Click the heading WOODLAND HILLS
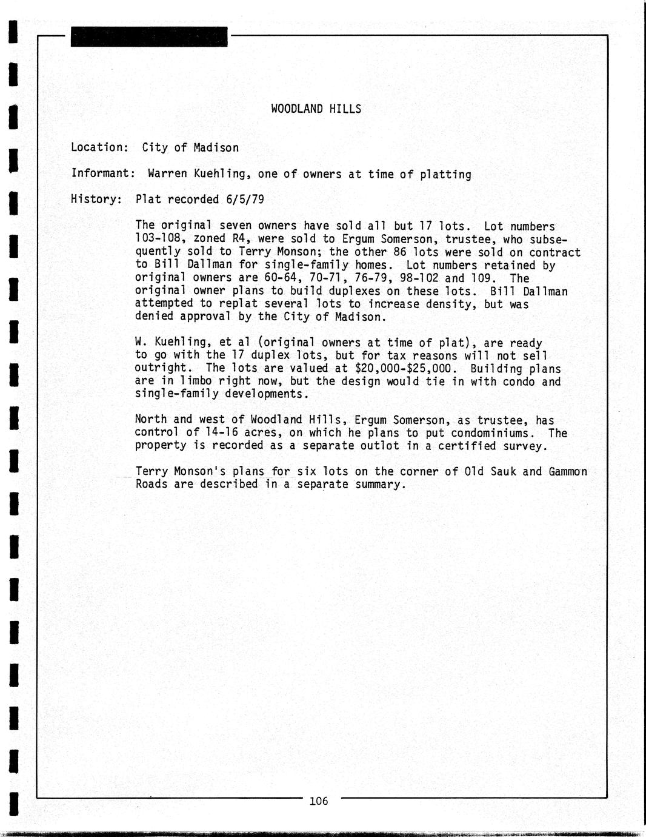point(316,109)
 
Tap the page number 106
point(318,801)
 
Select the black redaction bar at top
point(149,37)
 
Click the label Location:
point(100,147)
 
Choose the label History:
point(97,200)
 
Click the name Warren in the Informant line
point(167,174)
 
